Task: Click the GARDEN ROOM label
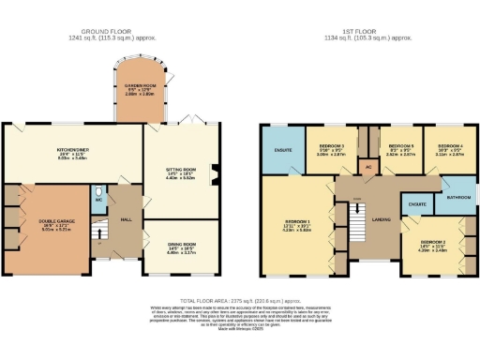click(x=141, y=86)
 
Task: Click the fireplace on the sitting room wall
click(x=214, y=171)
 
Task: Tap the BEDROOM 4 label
click(x=445, y=146)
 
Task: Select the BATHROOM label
click(x=457, y=198)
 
